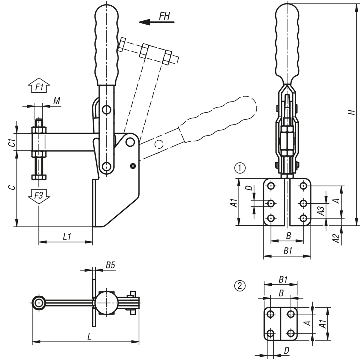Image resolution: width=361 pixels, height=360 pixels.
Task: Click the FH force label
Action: pyautogui.click(x=165, y=16)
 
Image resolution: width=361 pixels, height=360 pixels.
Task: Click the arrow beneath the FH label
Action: pyautogui.click(x=157, y=22)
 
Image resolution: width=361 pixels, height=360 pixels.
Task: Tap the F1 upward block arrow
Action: pyautogui.click(x=39, y=85)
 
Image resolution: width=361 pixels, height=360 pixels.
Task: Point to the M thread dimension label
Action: pyautogui.click(x=57, y=101)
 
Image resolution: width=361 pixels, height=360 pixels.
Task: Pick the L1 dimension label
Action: pyautogui.click(x=67, y=236)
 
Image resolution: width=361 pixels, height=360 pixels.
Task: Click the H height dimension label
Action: pyautogui.click(x=352, y=112)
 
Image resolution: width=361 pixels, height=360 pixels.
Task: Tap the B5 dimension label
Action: pyautogui.click(x=110, y=265)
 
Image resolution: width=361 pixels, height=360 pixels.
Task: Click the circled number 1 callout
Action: pyautogui.click(x=240, y=168)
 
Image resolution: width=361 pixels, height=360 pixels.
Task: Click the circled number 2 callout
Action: pyautogui.click(x=240, y=286)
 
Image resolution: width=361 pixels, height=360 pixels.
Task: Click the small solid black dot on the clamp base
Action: pyautogui.click(x=133, y=166)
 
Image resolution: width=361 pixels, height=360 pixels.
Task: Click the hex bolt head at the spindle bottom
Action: pyautogui.click(x=39, y=177)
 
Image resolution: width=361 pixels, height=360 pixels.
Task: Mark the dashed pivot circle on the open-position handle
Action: pyautogui.click(x=159, y=144)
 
